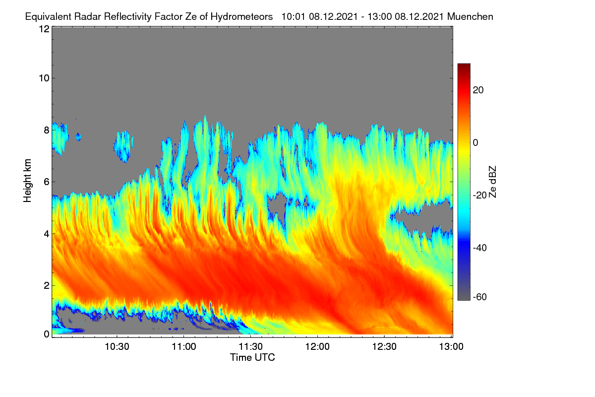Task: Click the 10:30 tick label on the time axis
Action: pos(117,347)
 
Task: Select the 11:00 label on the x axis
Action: pos(184,347)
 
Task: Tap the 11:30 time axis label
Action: pos(250,347)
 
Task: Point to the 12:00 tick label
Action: pos(317,347)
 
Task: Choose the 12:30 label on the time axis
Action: pos(384,347)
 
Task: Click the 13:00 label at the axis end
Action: pos(451,347)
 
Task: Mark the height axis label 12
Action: pos(44,29)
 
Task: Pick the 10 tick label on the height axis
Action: pos(44,78)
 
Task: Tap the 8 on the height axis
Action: pos(47,130)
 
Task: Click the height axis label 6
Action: pos(47,182)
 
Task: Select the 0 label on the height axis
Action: pos(47,334)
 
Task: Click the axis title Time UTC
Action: pos(252,358)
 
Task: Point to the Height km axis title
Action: pos(27,181)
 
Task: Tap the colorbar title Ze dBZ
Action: pos(492,182)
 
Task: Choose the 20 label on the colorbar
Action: pos(478,90)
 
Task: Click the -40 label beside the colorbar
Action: pos(479,248)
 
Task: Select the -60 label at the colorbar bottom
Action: pos(479,297)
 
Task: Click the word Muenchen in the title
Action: pos(470,17)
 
